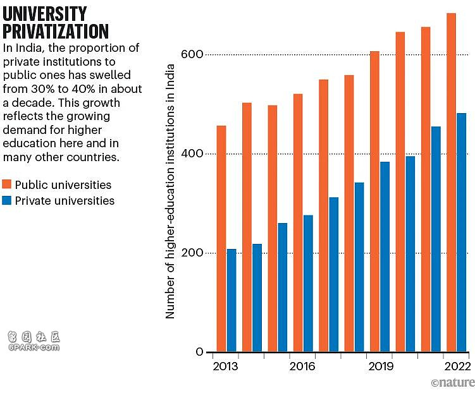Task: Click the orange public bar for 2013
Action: click(x=221, y=239)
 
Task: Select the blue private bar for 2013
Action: click(x=231, y=300)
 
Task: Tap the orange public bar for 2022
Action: click(x=451, y=183)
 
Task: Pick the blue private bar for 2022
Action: click(x=461, y=233)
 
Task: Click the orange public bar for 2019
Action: click(x=374, y=202)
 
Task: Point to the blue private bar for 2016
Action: click(x=309, y=284)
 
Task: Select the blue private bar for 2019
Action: click(x=385, y=257)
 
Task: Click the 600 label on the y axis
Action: click(x=192, y=54)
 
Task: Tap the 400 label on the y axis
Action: click(x=192, y=154)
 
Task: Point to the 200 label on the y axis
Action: click(x=192, y=253)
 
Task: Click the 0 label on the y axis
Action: click(x=200, y=352)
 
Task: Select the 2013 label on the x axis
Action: click(x=225, y=366)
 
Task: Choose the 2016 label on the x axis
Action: click(x=302, y=366)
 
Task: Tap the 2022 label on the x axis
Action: click(x=457, y=366)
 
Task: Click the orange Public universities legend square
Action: click(x=7, y=184)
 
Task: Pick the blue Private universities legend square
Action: click(x=7, y=200)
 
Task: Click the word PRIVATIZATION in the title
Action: click(x=56, y=31)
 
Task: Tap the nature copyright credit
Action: click(x=453, y=382)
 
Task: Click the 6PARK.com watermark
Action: click(x=34, y=348)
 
